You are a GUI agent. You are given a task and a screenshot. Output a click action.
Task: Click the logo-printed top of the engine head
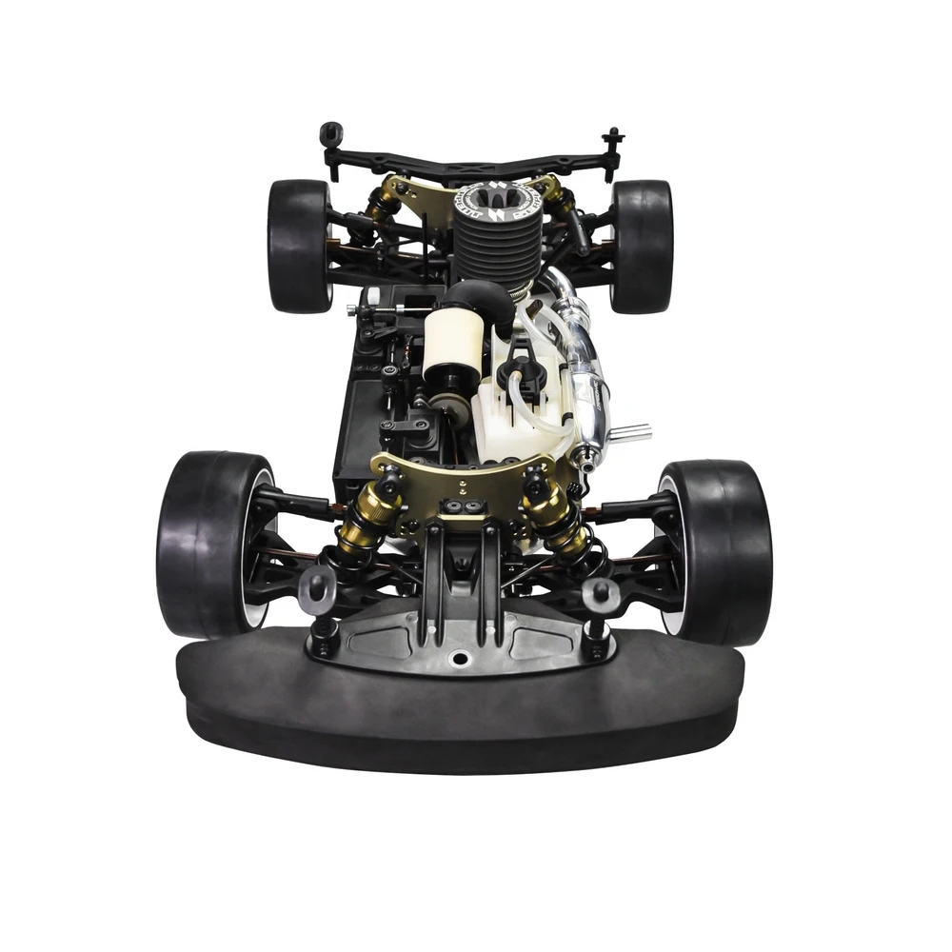(x=497, y=200)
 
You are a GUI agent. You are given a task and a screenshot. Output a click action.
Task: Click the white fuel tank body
(x=509, y=419)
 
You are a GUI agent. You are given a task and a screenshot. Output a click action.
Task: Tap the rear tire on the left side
(x=297, y=246)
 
